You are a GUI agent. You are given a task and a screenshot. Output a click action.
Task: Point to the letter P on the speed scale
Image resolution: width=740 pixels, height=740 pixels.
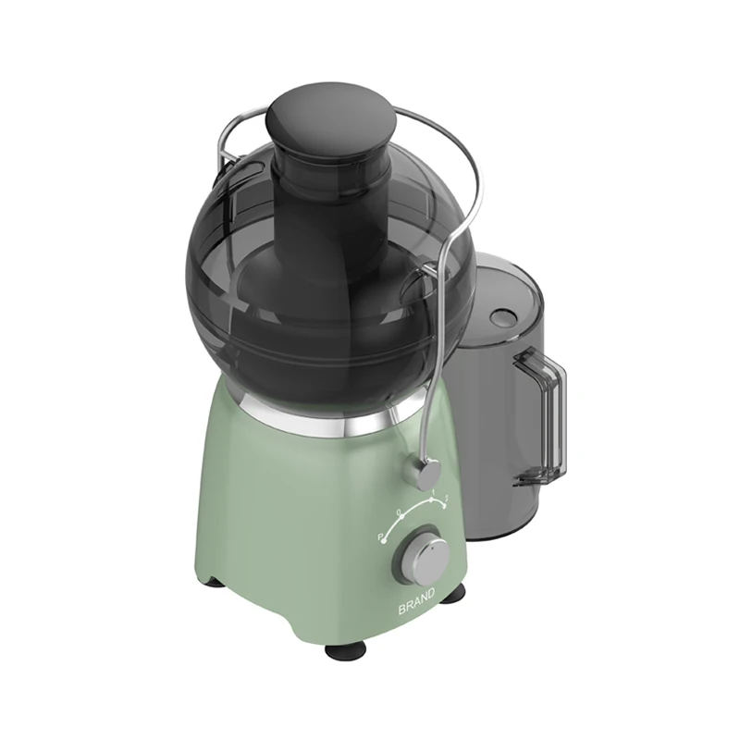(x=379, y=536)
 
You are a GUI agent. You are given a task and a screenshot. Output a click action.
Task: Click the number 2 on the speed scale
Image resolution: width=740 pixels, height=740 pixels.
(x=448, y=500)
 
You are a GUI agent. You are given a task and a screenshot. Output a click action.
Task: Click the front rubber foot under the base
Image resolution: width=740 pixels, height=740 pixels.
(x=346, y=650)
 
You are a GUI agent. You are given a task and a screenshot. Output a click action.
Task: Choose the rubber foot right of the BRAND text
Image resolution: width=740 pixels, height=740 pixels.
(x=452, y=593)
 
